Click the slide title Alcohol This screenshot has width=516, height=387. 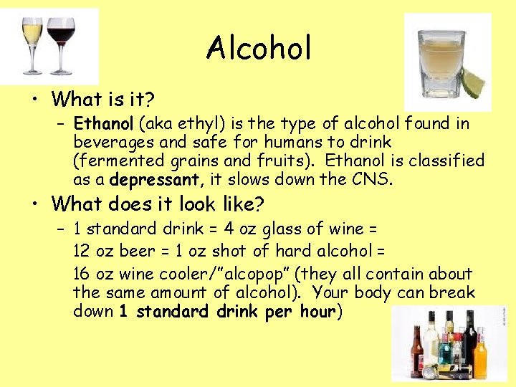259,49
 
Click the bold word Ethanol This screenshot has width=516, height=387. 100,123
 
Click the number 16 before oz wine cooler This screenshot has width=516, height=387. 82,274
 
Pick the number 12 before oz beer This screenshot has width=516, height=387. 82,251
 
